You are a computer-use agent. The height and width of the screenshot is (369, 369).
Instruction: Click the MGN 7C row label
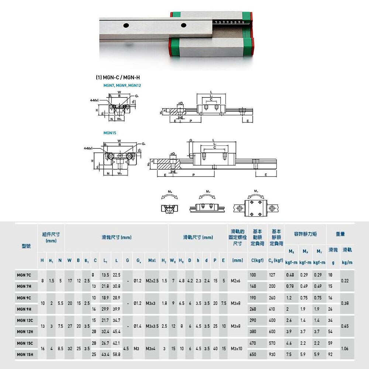(24, 275)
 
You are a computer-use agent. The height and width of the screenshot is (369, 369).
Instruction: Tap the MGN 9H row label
(24, 309)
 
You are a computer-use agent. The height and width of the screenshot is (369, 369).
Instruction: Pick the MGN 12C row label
(25, 320)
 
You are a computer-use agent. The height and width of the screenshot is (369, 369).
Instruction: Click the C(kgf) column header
(256, 261)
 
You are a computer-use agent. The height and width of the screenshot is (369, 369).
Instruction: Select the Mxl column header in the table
(151, 261)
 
